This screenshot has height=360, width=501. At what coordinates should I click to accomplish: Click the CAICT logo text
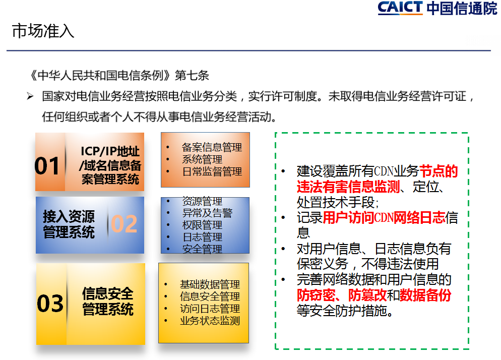click(400, 8)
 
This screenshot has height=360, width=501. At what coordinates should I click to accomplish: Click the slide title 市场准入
click(43, 31)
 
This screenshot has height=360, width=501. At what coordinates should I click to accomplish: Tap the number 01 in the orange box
click(47, 165)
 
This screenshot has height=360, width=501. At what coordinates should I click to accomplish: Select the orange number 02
click(124, 224)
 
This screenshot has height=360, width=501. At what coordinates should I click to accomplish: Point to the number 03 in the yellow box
click(50, 303)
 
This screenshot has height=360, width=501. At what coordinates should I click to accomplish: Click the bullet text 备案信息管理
click(212, 147)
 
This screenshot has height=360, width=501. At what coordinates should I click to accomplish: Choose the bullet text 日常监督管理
click(212, 172)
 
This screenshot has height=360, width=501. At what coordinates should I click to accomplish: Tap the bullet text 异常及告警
click(207, 213)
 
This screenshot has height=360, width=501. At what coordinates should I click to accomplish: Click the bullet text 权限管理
click(202, 225)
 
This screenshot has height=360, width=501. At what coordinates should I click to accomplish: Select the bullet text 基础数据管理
click(210, 284)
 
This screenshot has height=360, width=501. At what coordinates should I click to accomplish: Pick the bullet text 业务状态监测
click(210, 321)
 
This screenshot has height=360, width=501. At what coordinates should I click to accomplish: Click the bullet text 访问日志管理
click(210, 309)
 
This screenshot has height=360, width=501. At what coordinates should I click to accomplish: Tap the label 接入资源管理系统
click(69, 224)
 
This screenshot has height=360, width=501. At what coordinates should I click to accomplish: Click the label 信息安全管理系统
click(108, 302)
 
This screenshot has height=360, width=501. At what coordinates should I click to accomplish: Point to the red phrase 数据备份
click(425, 295)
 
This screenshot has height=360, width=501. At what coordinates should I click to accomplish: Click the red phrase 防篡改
click(367, 295)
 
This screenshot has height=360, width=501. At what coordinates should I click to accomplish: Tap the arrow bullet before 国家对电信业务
click(30, 96)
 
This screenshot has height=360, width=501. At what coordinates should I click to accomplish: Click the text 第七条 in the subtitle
click(192, 76)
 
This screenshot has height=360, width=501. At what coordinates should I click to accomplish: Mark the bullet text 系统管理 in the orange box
click(202, 159)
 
